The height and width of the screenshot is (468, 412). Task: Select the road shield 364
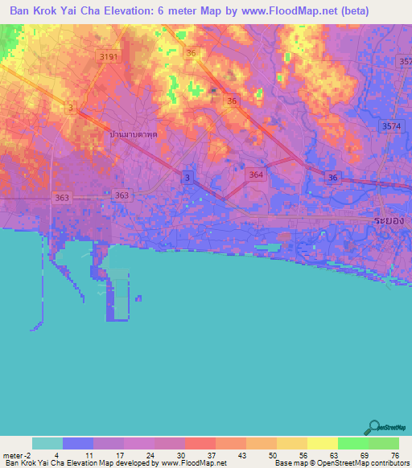coord(256,174)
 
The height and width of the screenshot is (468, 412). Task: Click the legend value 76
coord(394,455)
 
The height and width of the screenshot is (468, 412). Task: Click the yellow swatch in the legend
coord(322,443)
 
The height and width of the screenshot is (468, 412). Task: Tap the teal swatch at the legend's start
coord(47,443)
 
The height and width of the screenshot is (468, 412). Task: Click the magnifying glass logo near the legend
coord(375,428)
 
